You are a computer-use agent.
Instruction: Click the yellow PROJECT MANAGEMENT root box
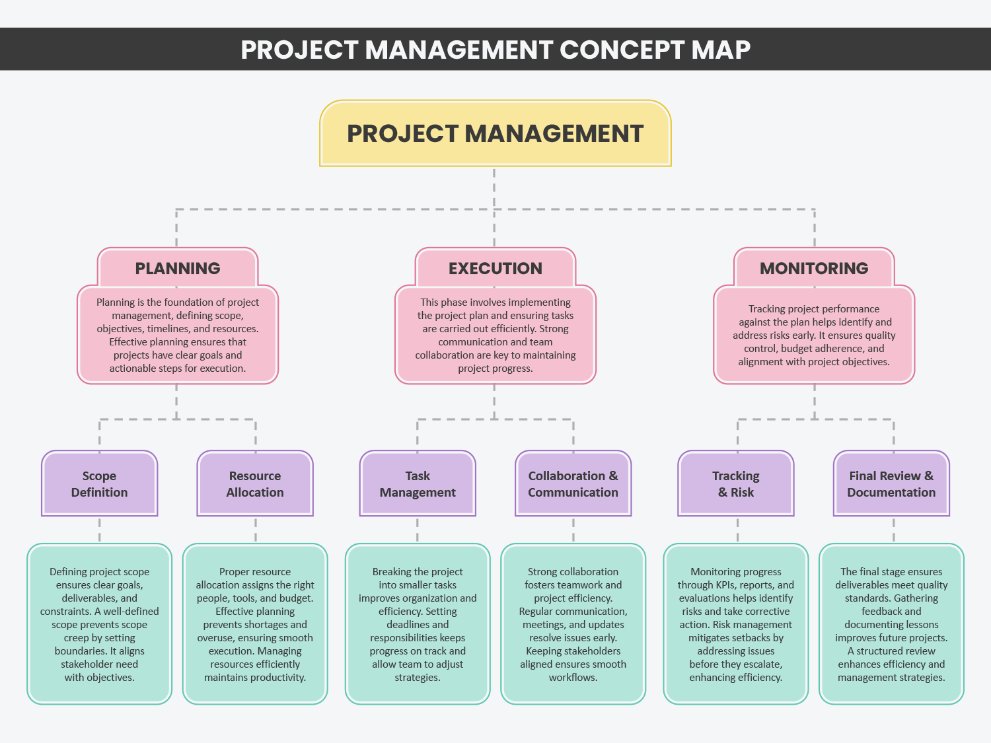[495, 133]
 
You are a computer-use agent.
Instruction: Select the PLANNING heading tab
[178, 268]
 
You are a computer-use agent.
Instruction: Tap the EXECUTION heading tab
[495, 268]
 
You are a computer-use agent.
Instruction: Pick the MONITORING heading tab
[814, 268]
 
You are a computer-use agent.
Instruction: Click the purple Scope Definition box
[99, 483]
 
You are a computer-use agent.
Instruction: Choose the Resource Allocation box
[255, 483]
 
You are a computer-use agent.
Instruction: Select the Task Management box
[418, 483]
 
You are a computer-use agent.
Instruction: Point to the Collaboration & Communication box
[573, 483]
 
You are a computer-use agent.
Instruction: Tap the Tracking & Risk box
[736, 483]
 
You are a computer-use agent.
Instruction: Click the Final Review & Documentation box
[891, 483]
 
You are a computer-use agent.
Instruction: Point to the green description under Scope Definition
[99, 624]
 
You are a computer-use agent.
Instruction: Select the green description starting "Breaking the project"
[418, 624]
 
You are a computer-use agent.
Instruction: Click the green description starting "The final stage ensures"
[891, 624]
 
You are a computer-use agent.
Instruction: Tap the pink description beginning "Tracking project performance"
[814, 335]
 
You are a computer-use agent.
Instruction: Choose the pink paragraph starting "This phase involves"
[495, 335]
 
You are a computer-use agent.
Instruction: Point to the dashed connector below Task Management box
[418, 530]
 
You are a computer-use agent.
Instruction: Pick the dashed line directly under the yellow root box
[494, 188]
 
